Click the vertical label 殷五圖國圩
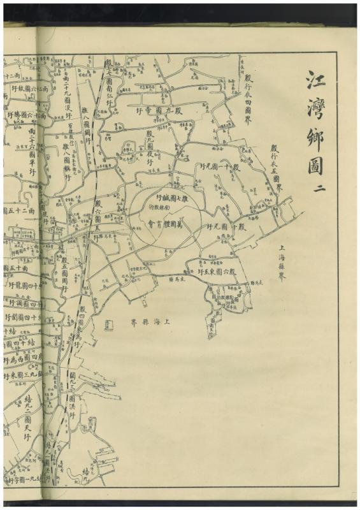64,273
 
